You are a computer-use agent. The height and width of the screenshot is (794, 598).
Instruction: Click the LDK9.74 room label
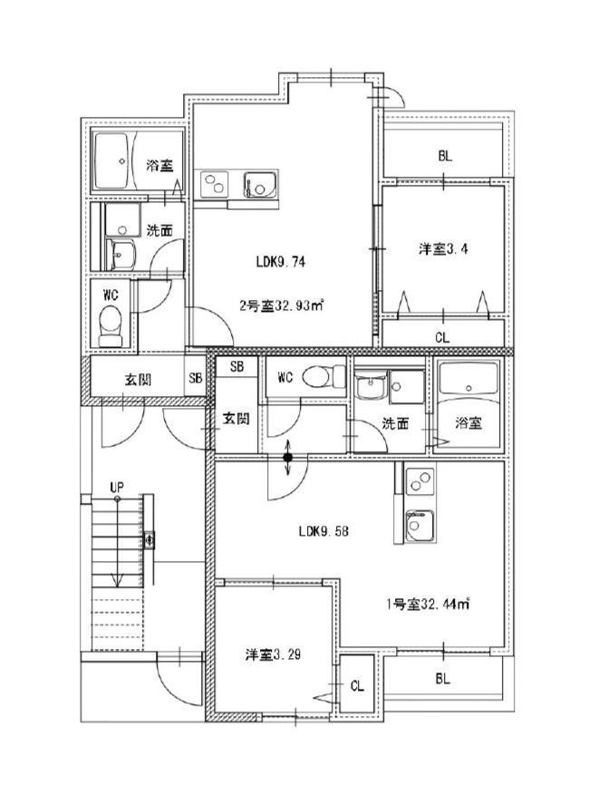tap(285, 263)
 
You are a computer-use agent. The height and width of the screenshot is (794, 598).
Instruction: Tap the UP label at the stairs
tap(116, 488)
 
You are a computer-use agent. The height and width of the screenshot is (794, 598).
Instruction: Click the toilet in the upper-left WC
tap(110, 324)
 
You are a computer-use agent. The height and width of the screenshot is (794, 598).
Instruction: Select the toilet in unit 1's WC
tap(320, 374)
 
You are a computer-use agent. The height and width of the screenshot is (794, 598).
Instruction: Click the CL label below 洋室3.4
tap(441, 337)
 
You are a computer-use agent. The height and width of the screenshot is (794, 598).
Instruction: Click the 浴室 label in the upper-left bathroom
tap(160, 166)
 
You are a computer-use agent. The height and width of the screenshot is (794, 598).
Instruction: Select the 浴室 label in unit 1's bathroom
tap(468, 423)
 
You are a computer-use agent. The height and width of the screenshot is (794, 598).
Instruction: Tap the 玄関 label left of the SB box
tap(139, 380)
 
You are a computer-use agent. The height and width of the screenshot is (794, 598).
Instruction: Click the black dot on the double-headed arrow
tap(287, 458)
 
